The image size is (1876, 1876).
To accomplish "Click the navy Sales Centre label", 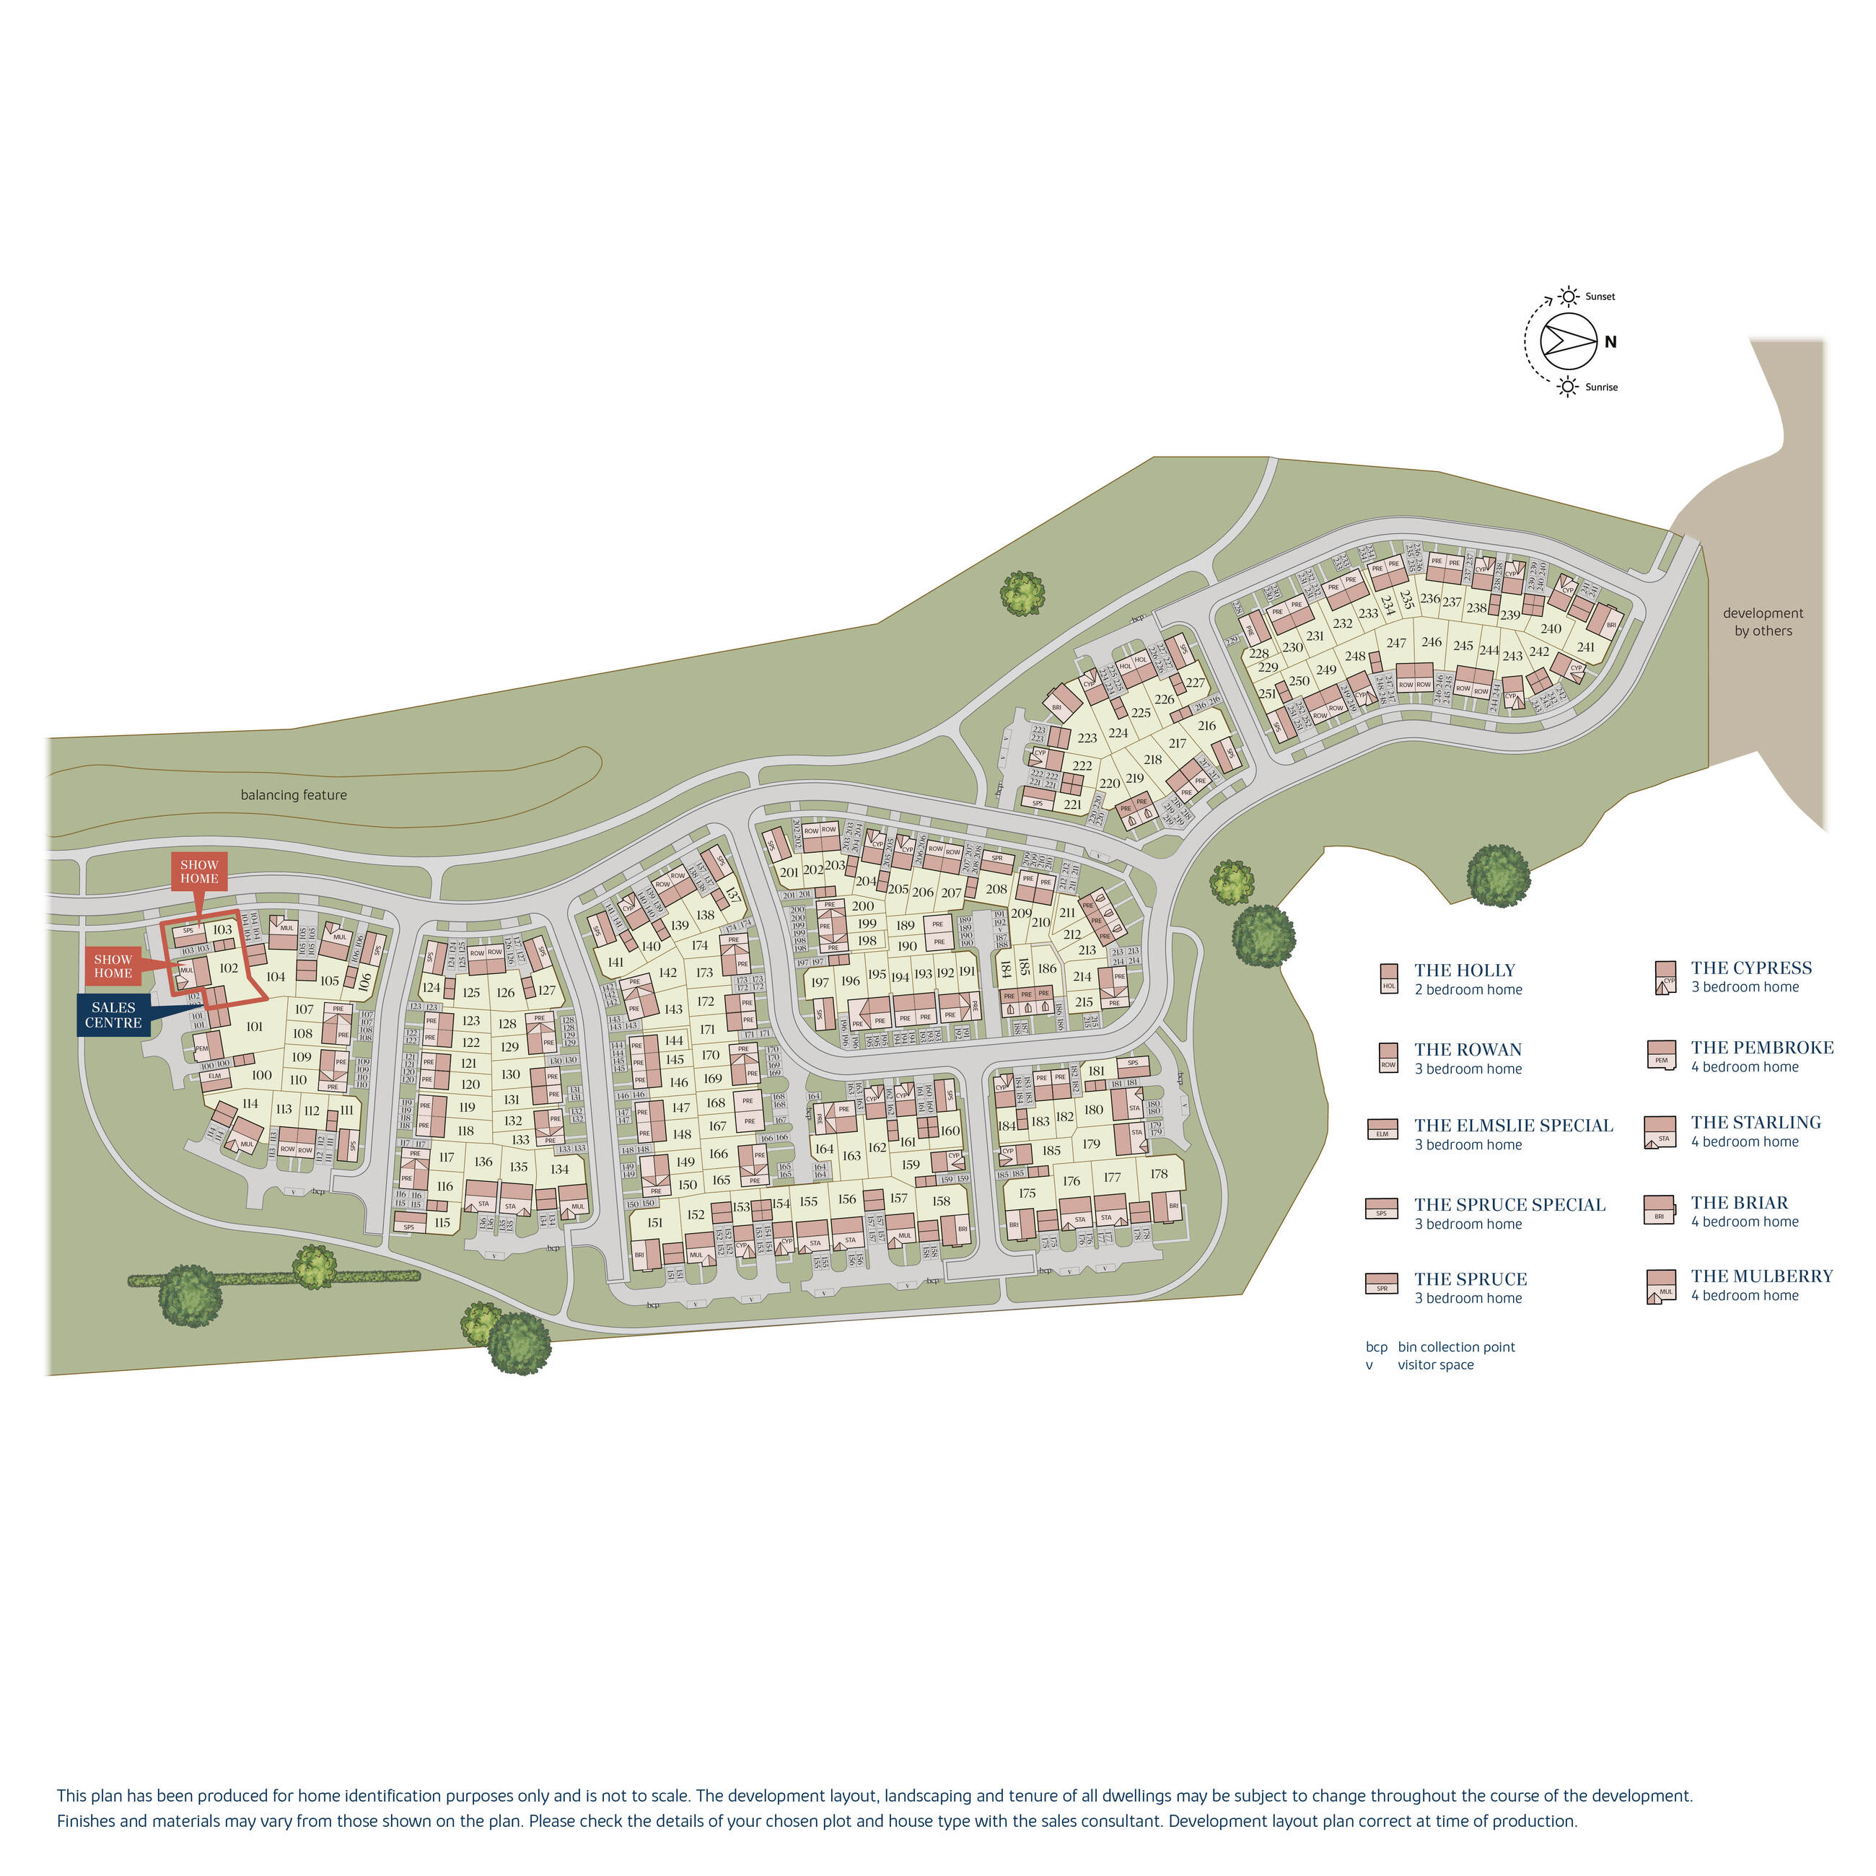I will [113, 1014].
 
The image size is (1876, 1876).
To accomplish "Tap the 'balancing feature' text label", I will [293, 795].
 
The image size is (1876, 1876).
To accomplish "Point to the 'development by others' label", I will [1763, 621].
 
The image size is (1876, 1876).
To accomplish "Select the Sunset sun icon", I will [1568, 296].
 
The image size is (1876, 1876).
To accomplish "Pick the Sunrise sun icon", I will [1568, 387].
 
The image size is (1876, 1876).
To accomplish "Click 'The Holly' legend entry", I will [1463, 970].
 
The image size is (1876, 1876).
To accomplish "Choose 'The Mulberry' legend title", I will [1761, 1276].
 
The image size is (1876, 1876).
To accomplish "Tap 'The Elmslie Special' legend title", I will [1513, 1126].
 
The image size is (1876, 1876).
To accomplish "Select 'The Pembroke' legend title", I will [1761, 1048].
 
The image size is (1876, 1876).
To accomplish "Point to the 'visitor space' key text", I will [1435, 1364].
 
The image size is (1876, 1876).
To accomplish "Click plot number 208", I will [996, 888].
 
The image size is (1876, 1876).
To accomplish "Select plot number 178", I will [1158, 1174].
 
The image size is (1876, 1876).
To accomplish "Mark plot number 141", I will [615, 963].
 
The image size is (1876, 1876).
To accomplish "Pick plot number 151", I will [654, 1222].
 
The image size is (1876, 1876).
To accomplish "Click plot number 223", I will [1087, 738].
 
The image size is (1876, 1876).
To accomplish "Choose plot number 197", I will [820, 983].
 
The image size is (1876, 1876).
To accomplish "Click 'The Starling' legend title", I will [1756, 1123].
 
